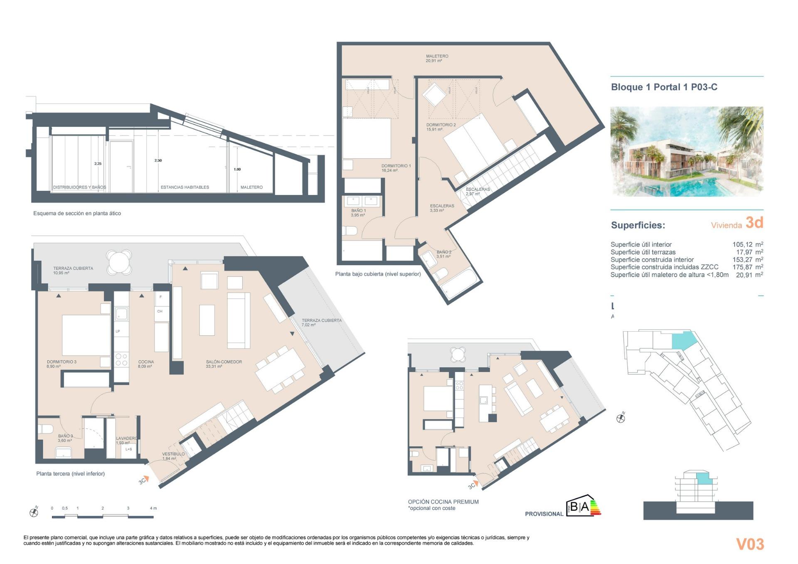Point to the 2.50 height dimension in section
tap(158, 160)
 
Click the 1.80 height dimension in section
tap(237, 169)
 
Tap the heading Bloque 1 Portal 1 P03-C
tap(664, 87)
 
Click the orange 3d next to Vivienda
tap(754, 223)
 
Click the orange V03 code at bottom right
tap(750, 544)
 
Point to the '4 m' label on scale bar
tap(153, 508)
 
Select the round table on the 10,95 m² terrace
tap(119, 261)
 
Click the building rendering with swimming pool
tap(686, 151)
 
